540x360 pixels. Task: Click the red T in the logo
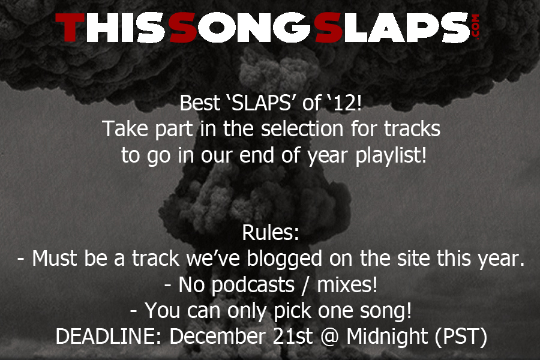(x=70, y=28)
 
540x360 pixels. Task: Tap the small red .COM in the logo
(x=476, y=27)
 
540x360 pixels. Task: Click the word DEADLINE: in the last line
(x=109, y=336)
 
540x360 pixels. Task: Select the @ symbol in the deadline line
(x=330, y=337)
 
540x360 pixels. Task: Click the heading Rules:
(x=271, y=233)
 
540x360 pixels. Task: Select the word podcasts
(x=253, y=285)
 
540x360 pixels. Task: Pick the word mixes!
(x=347, y=284)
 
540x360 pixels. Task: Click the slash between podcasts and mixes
(x=306, y=285)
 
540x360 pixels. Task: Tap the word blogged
(x=284, y=259)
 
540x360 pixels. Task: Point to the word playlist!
(x=391, y=156)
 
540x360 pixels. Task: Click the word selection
(x=302, y=129)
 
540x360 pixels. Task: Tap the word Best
(x=200, y=103)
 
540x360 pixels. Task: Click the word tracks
(x=412, y=129)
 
